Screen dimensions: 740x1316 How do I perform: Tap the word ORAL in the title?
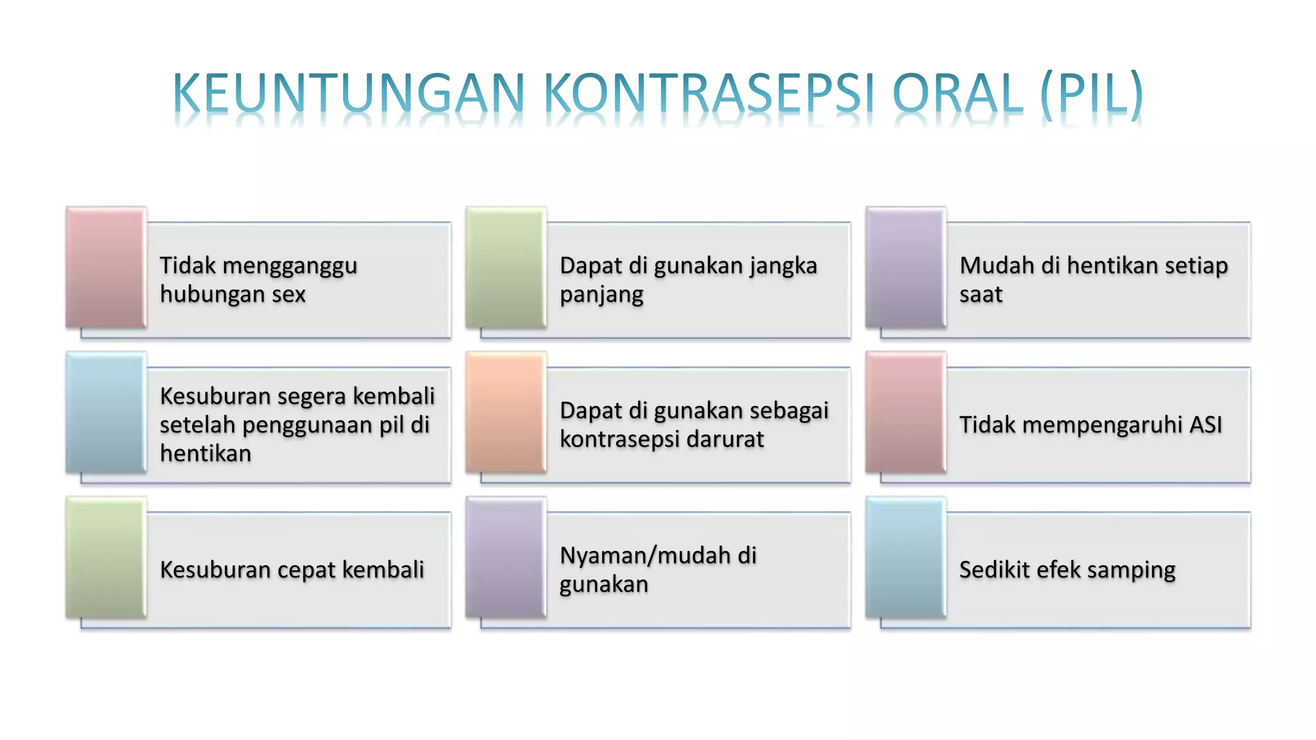click(x=957, y=94)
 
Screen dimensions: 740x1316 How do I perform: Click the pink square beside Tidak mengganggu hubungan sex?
click(x=106, y=267)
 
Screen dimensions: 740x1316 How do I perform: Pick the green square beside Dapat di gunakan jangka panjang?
click(x=506, y=267)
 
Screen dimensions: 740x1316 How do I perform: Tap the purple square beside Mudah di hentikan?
click(x=905, y=267)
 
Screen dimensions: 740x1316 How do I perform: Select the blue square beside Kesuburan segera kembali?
click(x=106, y=412)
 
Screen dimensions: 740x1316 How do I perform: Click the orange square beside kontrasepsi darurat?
click(x=506, y=412)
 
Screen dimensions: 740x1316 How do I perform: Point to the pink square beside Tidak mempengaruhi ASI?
click(x=905, y=412)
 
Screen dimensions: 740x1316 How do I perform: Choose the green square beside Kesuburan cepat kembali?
click(x=106, y=558)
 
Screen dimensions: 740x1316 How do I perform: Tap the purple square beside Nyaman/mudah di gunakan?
click(x=506, y=558)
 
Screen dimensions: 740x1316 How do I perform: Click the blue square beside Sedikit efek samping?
click(x=905, y=558)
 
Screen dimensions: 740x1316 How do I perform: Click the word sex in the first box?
click(x=289, y=295)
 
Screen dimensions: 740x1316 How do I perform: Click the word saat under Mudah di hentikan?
click(x=981, y=295)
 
